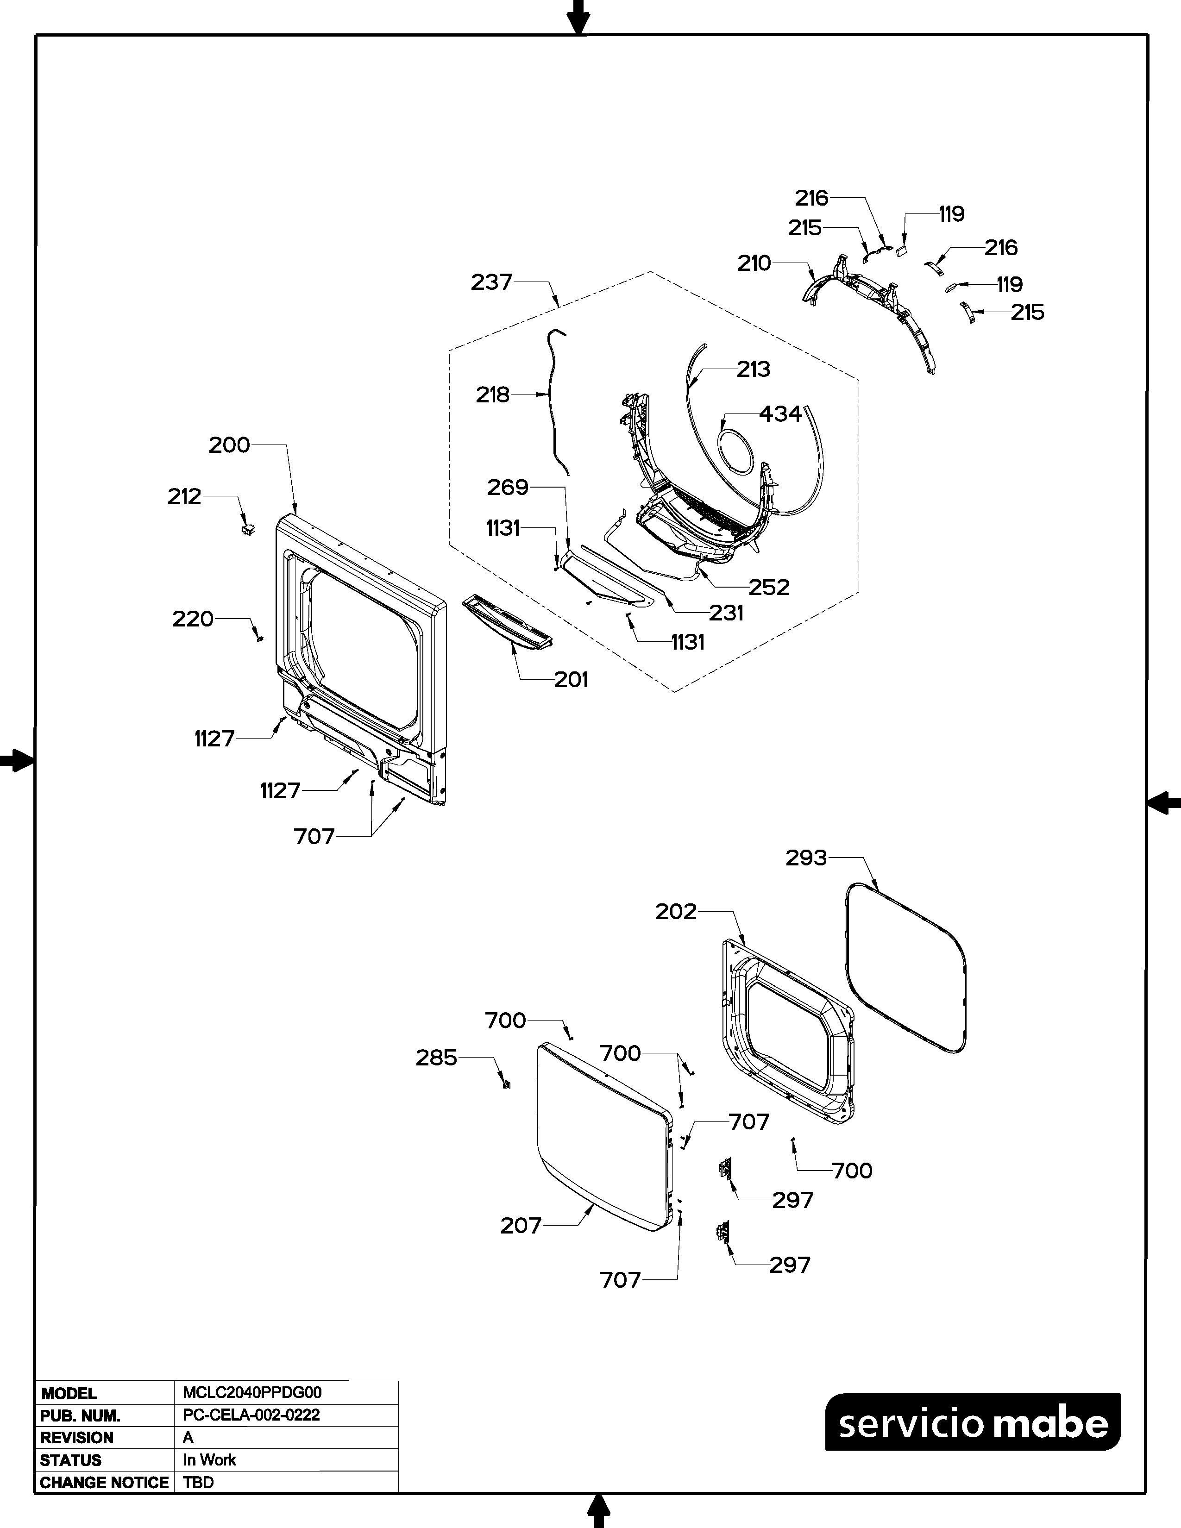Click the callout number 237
tap(491, 282)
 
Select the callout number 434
tap(780, 414)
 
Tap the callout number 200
tap(229, 445)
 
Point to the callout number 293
tap(806, 858)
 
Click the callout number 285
tap(436, 1058)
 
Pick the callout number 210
tap(754, 264)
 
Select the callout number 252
tap(769, 587)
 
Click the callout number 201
tap(571, 679)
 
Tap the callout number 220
tap(192, 619)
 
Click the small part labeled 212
tap(247, 530)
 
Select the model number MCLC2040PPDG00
tap(252, 1393)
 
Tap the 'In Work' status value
tap(209, 1460)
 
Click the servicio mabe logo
tap(973, 1424)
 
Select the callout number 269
tap(507, 487)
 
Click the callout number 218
tap(493, 395)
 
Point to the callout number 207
tap(521, 1226)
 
